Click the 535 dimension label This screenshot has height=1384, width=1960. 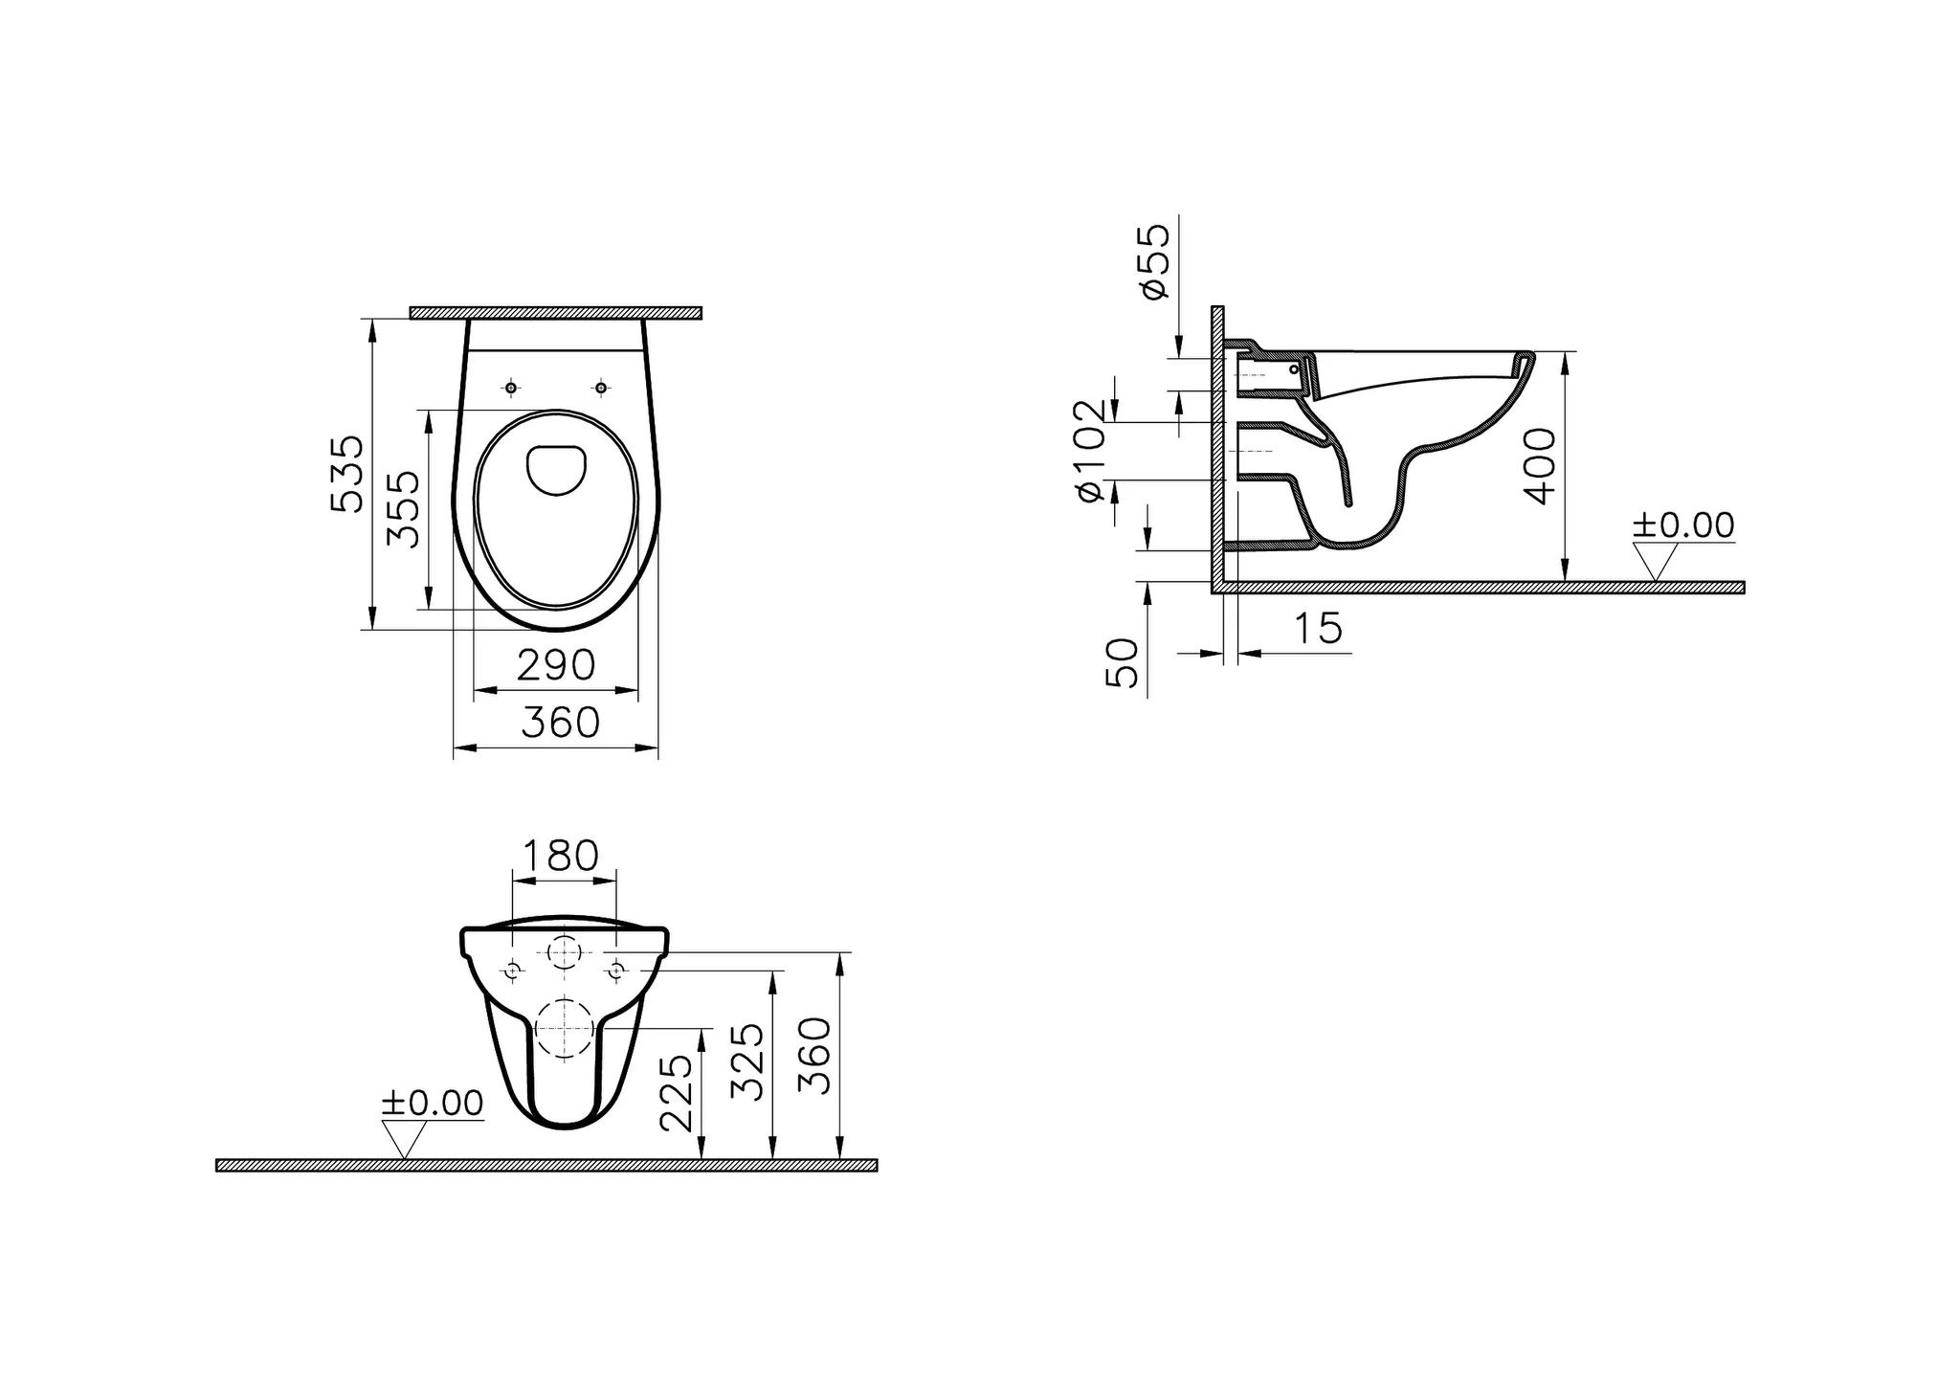pyautogui.click(x=347, y=474)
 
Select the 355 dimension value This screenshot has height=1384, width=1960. pyautogui.click(x=403, y=508)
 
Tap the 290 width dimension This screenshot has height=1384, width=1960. pyautogui.click(x=556, y=664)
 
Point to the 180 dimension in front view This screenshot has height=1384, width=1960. pyautogui.click(x=561, y=855)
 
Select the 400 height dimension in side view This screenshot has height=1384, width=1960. pyautogui.click(x=1540, y=466)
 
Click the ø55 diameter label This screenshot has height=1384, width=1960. pyautogui.click(x=1155, y=261)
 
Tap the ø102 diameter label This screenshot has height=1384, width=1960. pyautogui.click(x=1091, y=450)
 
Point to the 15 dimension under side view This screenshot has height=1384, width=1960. pyautogui.click(x=1318, y=628)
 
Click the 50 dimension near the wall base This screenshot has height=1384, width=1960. pyautogui.click(x=1123, y=663)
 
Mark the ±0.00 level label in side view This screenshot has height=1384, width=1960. pyautogui.click(x=1682, y=525)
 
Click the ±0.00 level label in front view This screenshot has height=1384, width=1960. pyautogui.click(x=432, y=1103)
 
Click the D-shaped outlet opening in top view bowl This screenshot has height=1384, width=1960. pyautogui.click(x=557, y=470)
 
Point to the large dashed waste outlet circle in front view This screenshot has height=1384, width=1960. pyautogui.click(x=565, y=1028)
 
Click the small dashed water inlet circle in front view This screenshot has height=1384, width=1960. pyautogui.click(x=565, y=952)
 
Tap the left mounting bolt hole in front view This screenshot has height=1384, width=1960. pyautogui.click(x=514, y=971)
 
